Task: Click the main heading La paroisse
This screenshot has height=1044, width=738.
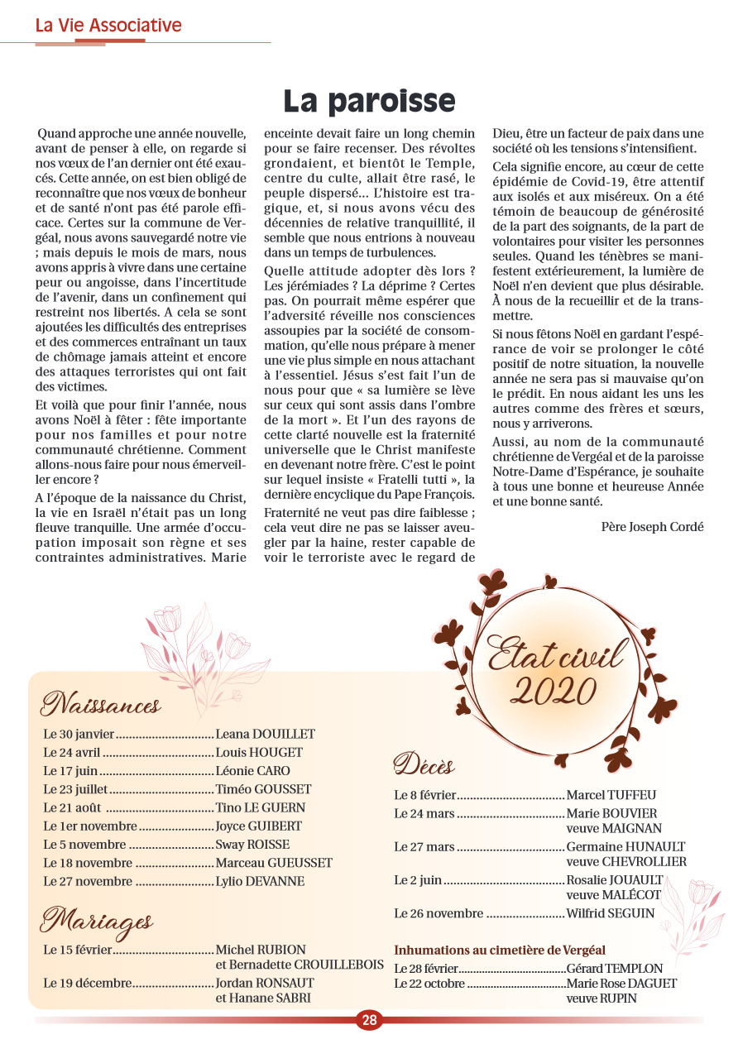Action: point(369,101)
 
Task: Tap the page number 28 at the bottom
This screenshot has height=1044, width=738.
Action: point(369,1020)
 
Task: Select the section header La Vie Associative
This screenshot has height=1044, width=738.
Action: point(108,26)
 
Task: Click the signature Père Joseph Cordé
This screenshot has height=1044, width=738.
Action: point(653,526)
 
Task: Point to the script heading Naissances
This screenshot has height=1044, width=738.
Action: point(100,705)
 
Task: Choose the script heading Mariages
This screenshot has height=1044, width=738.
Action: point(96,920)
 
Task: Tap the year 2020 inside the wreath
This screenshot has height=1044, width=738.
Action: point(554,688)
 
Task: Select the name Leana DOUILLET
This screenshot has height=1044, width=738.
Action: point(265,734)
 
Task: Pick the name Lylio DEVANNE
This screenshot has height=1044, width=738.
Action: point(260,881)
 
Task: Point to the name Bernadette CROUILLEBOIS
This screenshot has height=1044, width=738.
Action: point(300,965)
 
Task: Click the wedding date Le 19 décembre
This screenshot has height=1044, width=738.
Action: point(87,983)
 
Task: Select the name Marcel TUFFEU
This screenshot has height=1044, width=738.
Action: point(611,795)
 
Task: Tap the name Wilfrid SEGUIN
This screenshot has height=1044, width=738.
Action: point(610,913)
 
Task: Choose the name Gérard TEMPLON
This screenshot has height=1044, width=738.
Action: point(615,968)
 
